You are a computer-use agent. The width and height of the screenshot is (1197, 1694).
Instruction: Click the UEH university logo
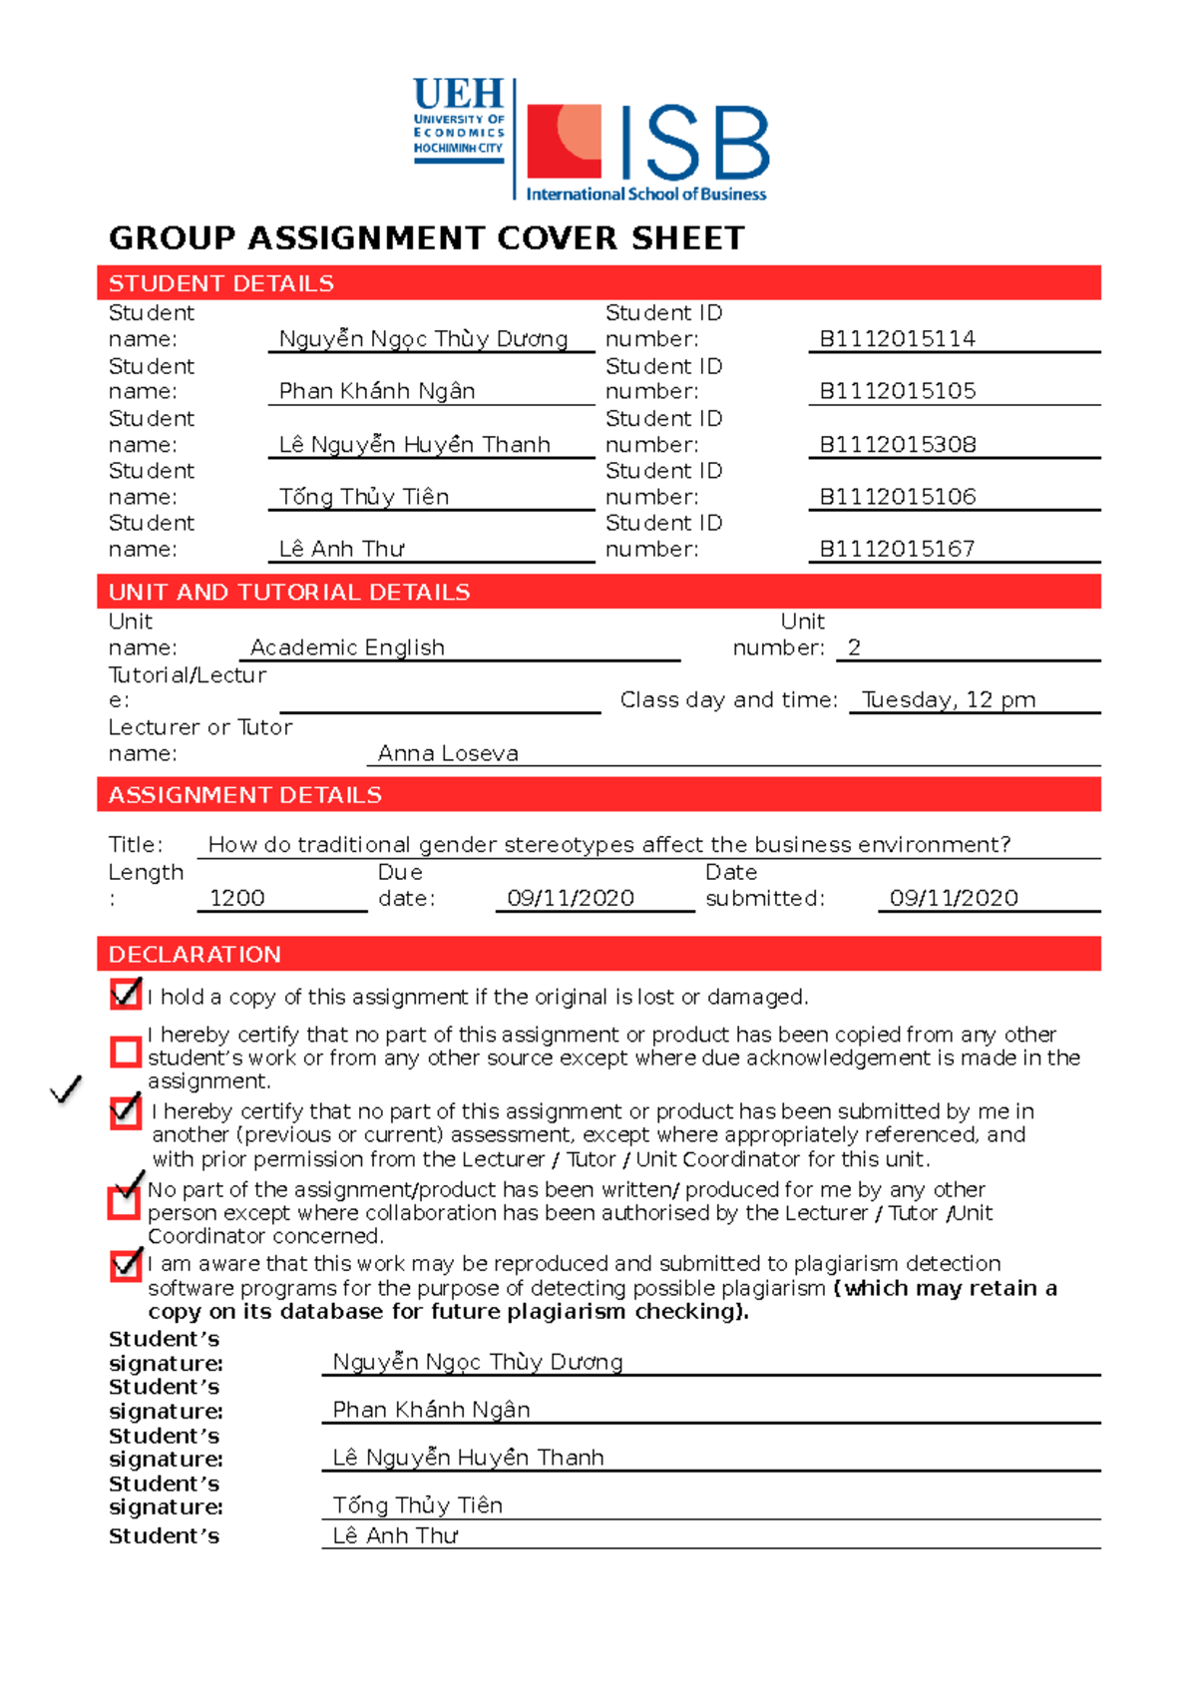click(x=459, y=120)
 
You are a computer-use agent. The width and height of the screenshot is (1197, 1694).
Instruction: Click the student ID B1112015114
click(x=897, y=339)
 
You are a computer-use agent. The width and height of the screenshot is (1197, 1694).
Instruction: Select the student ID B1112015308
click(x=897, y=445)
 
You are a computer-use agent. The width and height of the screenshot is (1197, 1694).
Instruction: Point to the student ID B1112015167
click(x=897, y=549)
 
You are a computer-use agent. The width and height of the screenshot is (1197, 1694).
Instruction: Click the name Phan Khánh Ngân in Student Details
click(x=377, y=391)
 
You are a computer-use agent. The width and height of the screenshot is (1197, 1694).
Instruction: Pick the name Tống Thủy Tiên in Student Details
click(x=364, y=497)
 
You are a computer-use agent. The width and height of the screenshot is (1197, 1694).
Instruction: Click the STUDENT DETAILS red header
click(x=221, y=283)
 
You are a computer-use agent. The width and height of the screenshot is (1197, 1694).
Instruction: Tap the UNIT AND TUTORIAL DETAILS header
click(x=289, y=593)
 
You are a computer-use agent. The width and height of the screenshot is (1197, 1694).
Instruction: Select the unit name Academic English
click(x=347, y=647)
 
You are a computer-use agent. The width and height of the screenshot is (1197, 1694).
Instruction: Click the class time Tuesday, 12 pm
click(x=949, y=700)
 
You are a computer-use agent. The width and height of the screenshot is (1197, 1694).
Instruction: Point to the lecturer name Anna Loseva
click(x=448, y=754)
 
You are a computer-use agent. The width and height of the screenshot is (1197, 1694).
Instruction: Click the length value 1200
click(x=237, y=898)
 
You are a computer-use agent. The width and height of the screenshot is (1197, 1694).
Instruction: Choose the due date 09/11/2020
click(x=571, y=898)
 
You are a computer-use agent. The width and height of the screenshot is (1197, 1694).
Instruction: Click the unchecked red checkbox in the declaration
click(x=126, y=1052)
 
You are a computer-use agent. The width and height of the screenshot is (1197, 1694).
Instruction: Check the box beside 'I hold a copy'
click(x=126, y=994)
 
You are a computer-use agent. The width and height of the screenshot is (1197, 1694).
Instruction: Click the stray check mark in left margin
click(x=66, y=1089)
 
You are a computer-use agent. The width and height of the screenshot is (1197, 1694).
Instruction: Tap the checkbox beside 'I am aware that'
click(x=126, y=1265)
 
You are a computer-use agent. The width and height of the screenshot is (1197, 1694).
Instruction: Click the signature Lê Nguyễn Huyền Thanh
click(x=468, y=1458)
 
